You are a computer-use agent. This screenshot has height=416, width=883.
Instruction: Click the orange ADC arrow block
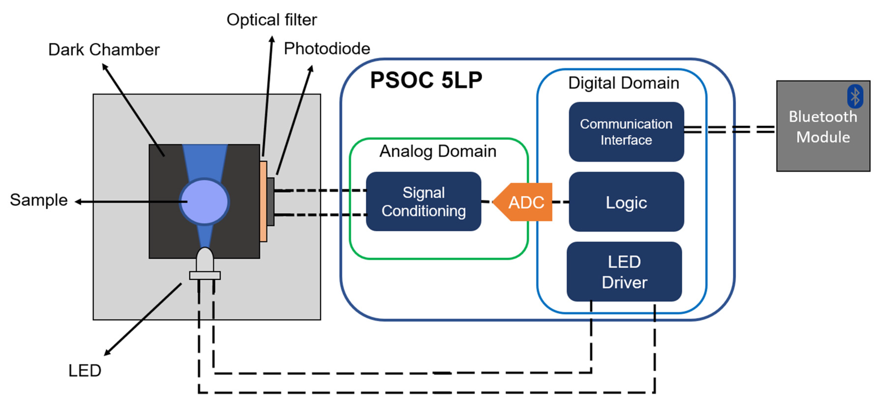coord(524,202)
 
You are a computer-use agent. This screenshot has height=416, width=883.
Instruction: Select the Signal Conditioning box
coord(423,202)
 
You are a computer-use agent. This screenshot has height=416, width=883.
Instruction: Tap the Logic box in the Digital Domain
coord(626,202)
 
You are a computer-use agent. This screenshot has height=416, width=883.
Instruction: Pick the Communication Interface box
coord(626,132)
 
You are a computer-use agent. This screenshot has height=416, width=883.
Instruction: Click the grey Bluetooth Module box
coord(823,137)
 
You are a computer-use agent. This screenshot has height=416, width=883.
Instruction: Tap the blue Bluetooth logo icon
coord(855,96)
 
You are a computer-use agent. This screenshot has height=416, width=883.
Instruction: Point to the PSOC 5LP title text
coord(426,80)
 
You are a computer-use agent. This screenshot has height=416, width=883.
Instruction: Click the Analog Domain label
coord(438,151)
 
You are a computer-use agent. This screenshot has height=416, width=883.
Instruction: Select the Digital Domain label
coord(624,83)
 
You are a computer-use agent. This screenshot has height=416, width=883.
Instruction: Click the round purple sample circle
coord(204,202)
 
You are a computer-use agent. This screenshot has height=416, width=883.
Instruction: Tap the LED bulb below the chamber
coord(205,261)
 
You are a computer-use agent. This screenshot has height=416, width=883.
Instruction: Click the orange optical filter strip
coord(263,202)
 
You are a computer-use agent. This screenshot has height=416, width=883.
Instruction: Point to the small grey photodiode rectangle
coord(271,202)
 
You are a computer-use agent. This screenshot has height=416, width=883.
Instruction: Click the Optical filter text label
coord(272,20)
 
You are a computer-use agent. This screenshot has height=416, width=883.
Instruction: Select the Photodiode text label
coord(327,49)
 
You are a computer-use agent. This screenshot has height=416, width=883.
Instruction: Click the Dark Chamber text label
coord(104,50)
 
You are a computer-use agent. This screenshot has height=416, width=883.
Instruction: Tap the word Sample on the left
coord(39,200)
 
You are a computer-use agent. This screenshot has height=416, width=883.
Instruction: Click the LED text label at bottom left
coord(85,370)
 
